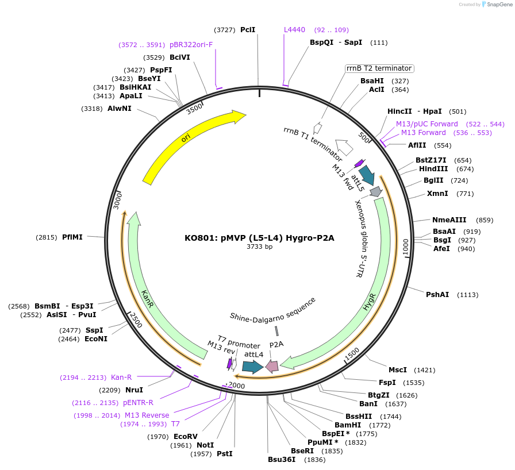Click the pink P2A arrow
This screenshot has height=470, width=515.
(x=272, y=366)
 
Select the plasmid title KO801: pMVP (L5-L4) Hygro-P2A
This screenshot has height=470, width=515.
(x=259, y=237)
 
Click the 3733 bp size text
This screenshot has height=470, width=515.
(x=259, y=247)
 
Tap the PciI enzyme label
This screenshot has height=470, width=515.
(x=248, y=30)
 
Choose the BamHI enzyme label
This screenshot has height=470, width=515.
(x=348, y=425)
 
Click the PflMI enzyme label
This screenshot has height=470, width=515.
(x=72, y=237)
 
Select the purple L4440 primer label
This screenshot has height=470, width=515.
(x=294, y=30)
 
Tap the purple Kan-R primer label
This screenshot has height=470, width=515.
(x=121, y=377)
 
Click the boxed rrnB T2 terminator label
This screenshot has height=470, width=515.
(x=379, y=68)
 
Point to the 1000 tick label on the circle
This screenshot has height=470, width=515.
(x=406, y=246)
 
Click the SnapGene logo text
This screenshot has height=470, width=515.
(x=496, y=5)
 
